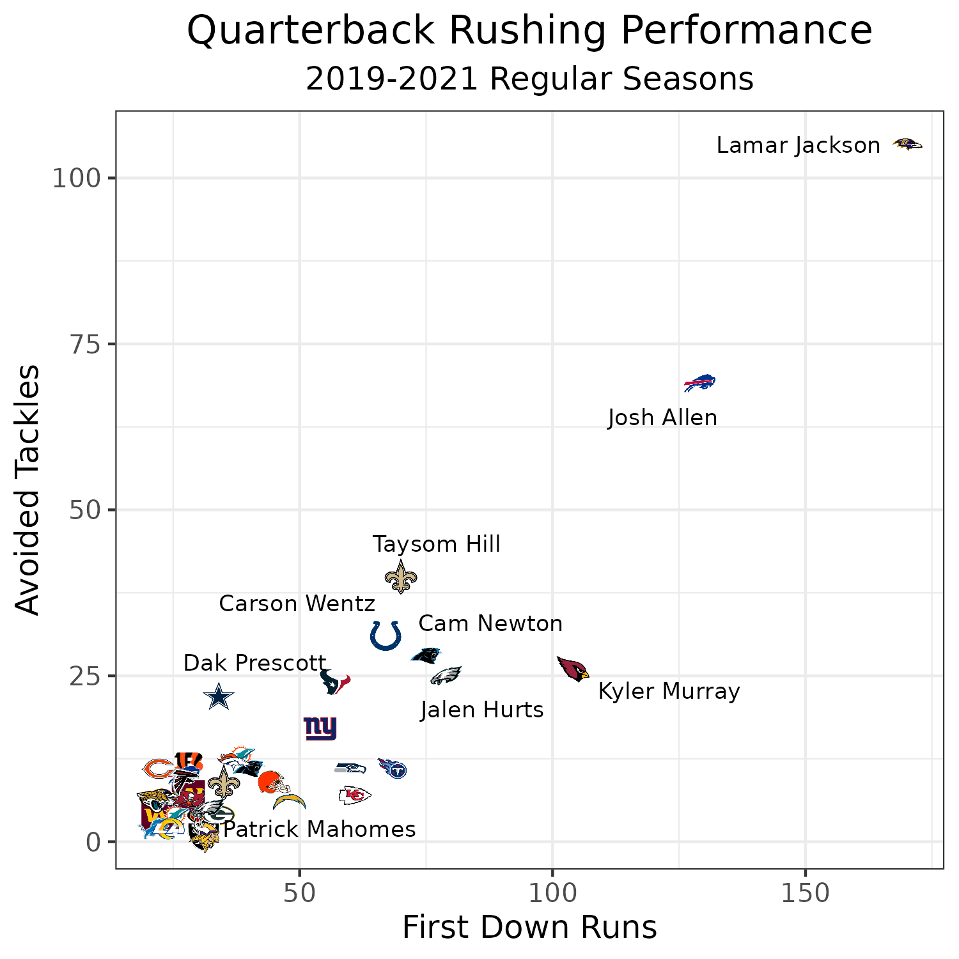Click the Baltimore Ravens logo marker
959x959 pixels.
point(907,144)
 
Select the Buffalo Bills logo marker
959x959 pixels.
point(699,383)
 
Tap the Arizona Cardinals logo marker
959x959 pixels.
point(572,669)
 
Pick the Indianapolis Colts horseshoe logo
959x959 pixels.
point(386,635)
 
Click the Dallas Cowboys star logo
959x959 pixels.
point(219,696)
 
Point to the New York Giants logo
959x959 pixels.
point(320,728)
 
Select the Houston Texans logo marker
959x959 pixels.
point(334,682)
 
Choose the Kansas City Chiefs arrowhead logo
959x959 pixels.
point(354,795)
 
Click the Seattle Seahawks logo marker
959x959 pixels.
point(350,767)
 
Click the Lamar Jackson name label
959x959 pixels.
point(798,146)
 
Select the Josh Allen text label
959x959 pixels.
point(662,418)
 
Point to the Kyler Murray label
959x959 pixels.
point(669,692)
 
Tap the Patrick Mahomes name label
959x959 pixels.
point(319,830)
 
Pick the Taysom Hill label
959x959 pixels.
point(437,545)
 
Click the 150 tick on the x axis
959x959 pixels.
point(804,894)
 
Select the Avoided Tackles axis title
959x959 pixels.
point(27,490)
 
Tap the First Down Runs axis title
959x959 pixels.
point(529,928)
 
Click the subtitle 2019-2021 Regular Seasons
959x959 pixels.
point(529,80)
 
